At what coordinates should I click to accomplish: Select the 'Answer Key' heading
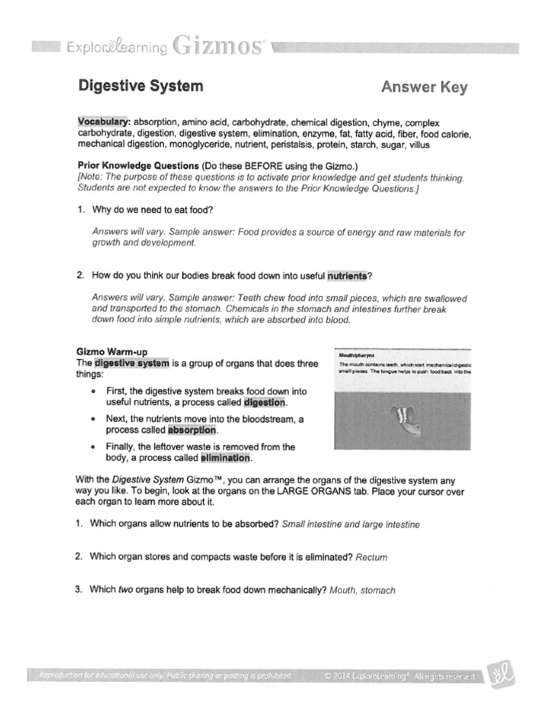pyautogui.click(x=424, y=87)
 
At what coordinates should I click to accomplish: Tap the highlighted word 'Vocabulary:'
pyautogui.click(x=104, y=122)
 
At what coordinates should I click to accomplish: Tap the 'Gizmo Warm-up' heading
pyautogui.click(x=112, y=351)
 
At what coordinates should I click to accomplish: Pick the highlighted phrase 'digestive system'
pyautogui.click(x=132, y=363)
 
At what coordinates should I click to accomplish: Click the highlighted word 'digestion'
pyautogui.click(x=265, y=404)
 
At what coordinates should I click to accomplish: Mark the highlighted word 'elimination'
pyautogui.click(x=225, y=458)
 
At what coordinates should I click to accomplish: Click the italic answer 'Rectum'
pyautogui.click(x=371, y=557)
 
